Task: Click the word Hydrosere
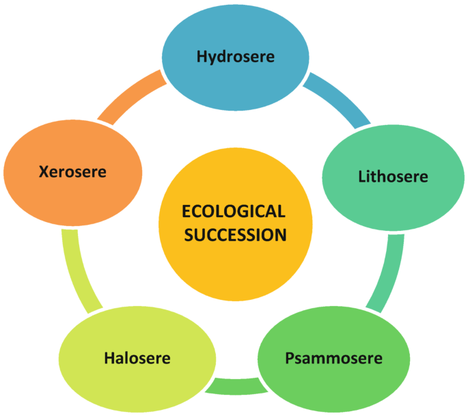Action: [x=236, y=57]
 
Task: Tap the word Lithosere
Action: [x=393, y=177]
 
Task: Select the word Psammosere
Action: [x=333, y=358]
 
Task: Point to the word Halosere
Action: [x=137, y=358]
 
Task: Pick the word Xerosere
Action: [x=72, y=171]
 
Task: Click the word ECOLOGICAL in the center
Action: [x=234, y=212]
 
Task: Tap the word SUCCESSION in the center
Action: [x=234, y=235]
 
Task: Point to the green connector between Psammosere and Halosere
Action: [x=236, y=387]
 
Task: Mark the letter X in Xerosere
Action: [x=44, y=171]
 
